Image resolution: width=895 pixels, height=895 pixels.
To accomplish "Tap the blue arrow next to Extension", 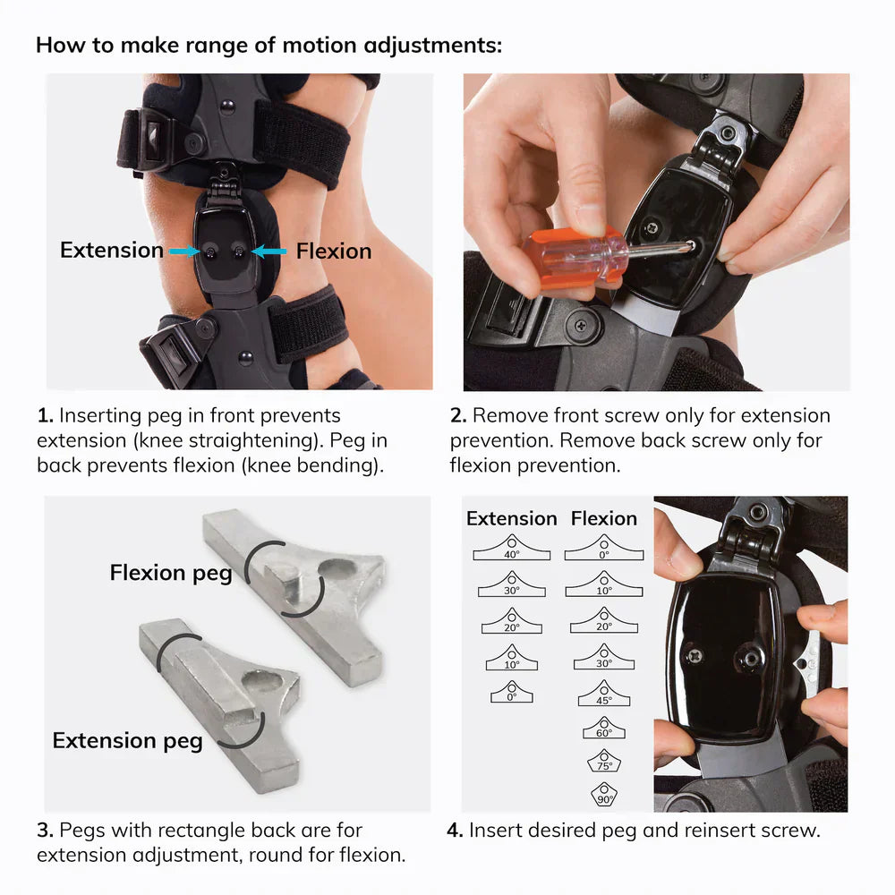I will [183, 252].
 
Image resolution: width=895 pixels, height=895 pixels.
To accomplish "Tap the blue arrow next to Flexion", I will [268, 252].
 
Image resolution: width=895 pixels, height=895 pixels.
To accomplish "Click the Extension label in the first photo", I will [111, 251].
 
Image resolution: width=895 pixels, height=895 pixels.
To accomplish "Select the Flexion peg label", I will [170, 573].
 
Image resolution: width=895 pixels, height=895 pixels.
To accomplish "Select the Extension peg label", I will [127, 741].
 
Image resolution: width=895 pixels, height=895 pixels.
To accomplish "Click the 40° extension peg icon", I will [511, 547].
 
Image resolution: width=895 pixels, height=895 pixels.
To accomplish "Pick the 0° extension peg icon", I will [511, 692].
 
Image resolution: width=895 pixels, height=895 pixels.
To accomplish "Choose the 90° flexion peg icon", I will [604, 794].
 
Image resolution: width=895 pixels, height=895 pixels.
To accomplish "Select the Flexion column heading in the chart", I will [604, 518].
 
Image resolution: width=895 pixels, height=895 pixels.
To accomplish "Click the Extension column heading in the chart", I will [511, 518].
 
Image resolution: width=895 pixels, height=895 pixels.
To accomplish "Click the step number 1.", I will [44, 416].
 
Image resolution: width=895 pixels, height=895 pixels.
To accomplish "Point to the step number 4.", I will [454, 831].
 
